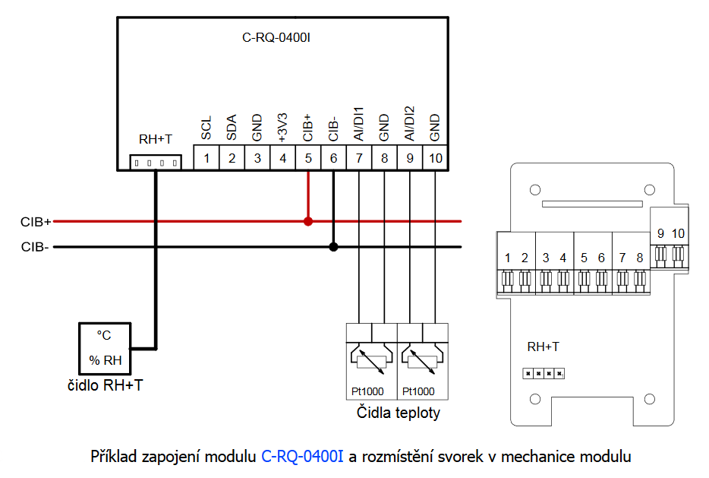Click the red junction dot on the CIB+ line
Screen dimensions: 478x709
(x=308, y=222)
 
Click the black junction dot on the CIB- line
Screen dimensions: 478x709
(x=333, y=246)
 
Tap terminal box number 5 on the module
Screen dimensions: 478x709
(x=308, y=158)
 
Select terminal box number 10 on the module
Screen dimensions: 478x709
(x=435, y=158)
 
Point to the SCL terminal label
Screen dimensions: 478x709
(x=206, y=128)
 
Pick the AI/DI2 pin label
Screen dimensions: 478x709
(x=410, y=123)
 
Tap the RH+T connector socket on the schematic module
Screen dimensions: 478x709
(x=156, y=163)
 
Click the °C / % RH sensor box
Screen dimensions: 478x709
(x=106, y=348)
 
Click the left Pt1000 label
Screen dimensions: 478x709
(x=367, y=392)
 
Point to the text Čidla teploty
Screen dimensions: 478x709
(x=399, y=413)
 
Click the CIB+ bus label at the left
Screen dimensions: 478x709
(x=36, y=222)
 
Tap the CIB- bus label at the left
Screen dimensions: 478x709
(x=35, y=246)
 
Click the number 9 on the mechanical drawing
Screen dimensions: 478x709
(x=660, y=233)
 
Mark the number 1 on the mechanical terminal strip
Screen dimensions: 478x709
(x=507, y=258)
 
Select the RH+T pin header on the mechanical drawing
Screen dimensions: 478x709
(x=544, y=373)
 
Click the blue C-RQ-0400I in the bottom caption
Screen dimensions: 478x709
(x=302, y=457)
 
